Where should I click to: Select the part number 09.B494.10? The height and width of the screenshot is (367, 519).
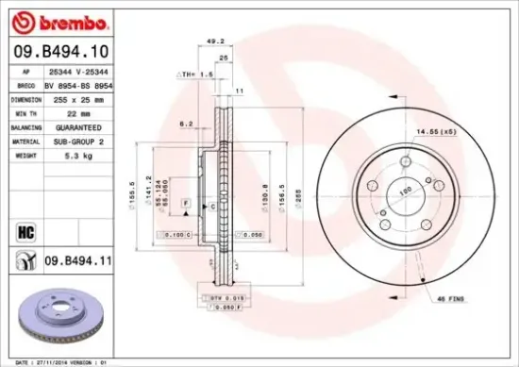tap(59, 53)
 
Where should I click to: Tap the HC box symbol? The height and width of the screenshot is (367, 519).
tap(25, 228)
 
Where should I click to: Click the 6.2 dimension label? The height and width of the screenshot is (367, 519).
tap(185, 124)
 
